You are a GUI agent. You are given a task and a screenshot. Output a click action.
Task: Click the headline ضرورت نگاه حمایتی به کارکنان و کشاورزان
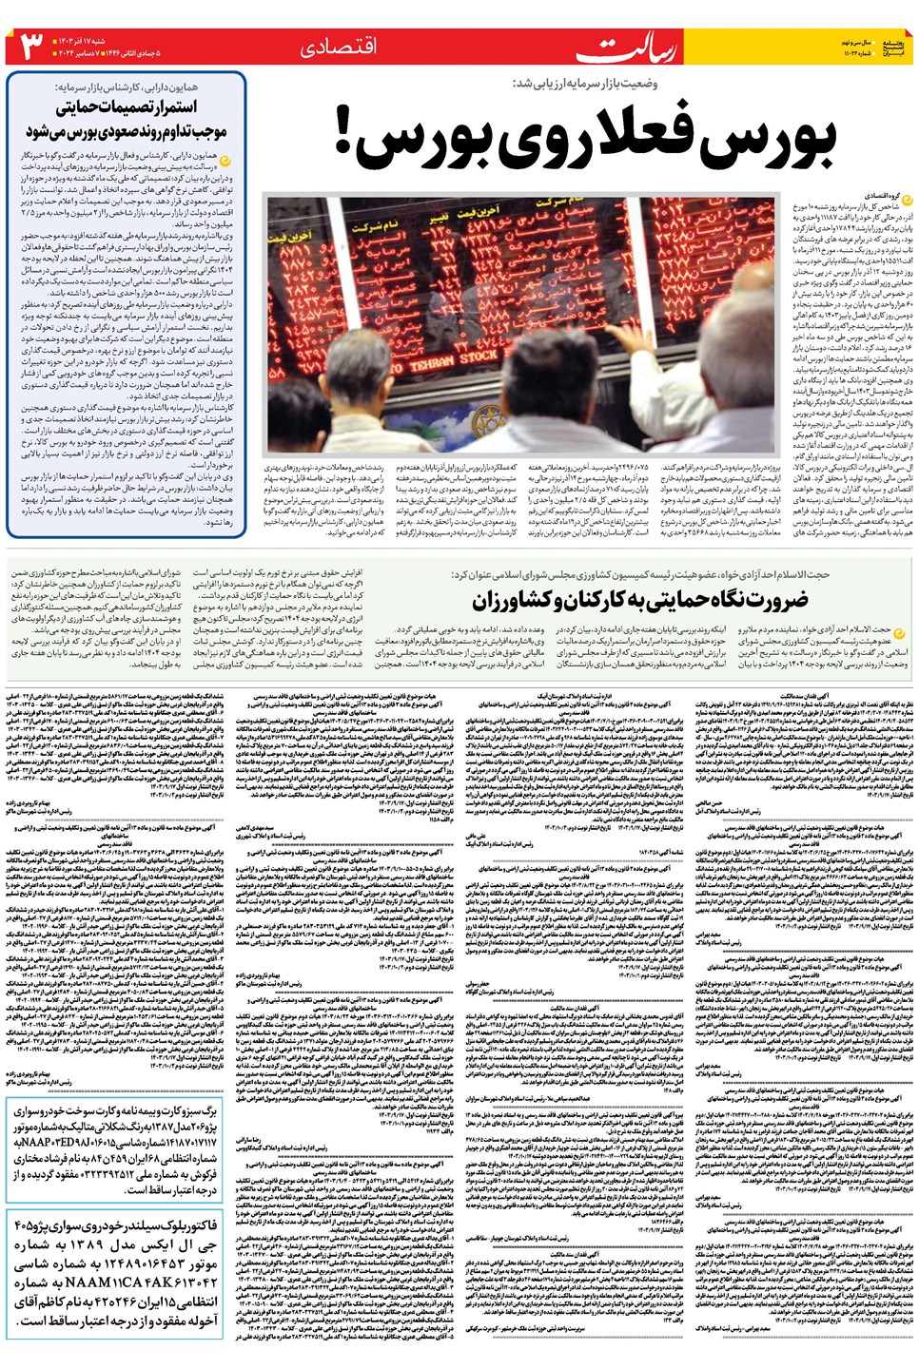pos(639,600)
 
